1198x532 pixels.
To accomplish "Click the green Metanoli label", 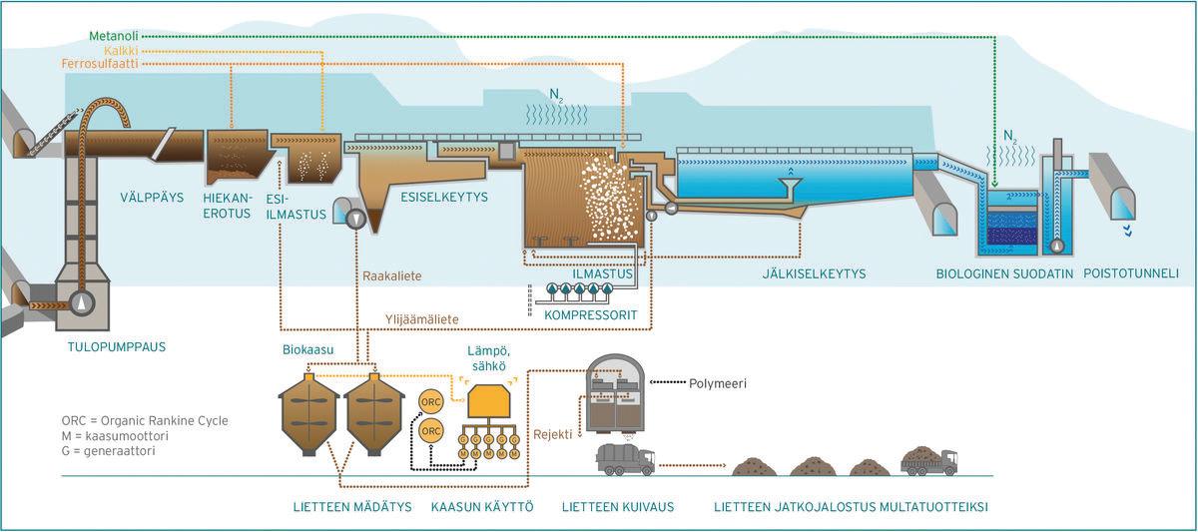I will pos(114,36).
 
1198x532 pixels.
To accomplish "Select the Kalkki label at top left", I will pos(121,50).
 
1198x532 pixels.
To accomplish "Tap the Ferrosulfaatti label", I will pos(101,64).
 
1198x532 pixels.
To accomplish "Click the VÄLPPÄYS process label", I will pos(152,198).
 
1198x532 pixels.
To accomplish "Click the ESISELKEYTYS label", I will pos(443,198).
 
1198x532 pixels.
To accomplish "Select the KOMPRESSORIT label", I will pos(591,314).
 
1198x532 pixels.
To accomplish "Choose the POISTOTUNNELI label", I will pos(1131,271).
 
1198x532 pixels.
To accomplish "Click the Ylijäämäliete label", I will pos(422,319).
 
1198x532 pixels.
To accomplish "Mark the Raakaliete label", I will pos(390,274).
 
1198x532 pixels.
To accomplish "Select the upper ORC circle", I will pos(431,401).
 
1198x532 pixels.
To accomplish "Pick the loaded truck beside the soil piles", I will pos(928,460).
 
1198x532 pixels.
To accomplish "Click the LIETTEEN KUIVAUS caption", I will pos(618,507).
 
